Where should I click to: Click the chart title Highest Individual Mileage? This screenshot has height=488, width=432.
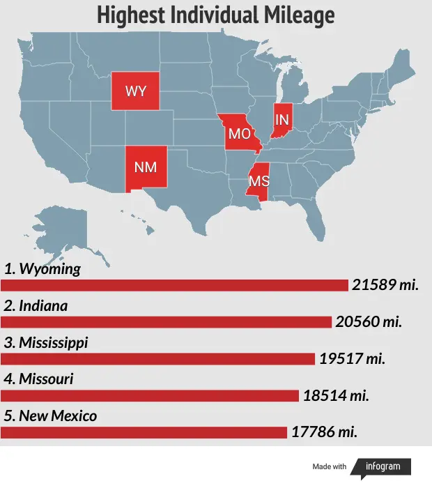pos(215,15)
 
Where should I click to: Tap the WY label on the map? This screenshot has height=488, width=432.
pos(135,91)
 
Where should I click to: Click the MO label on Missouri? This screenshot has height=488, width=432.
pos(240,134)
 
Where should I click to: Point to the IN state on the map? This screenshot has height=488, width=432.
pos(282,121)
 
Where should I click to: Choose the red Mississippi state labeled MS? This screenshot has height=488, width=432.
pos(259,181)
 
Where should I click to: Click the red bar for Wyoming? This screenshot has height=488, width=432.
pos(174,285)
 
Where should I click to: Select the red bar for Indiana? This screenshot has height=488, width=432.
pos(166,322)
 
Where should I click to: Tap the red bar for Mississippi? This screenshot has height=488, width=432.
pos(157,359)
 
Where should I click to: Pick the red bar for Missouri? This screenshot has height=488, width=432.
pos(150,396)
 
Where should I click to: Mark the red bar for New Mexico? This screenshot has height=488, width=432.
pos(144,433)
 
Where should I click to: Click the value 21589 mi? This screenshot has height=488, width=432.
pos(385,285)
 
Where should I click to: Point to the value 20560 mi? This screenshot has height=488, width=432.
pos(369,322)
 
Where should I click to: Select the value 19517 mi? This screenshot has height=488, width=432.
pos(352,359)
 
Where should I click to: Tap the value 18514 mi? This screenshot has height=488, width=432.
pos(335,396)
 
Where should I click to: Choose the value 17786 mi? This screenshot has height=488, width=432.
pos(324,433)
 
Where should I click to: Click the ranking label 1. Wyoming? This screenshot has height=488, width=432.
pos(43,268)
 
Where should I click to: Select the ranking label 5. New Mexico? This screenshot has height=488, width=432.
pos(50,416)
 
